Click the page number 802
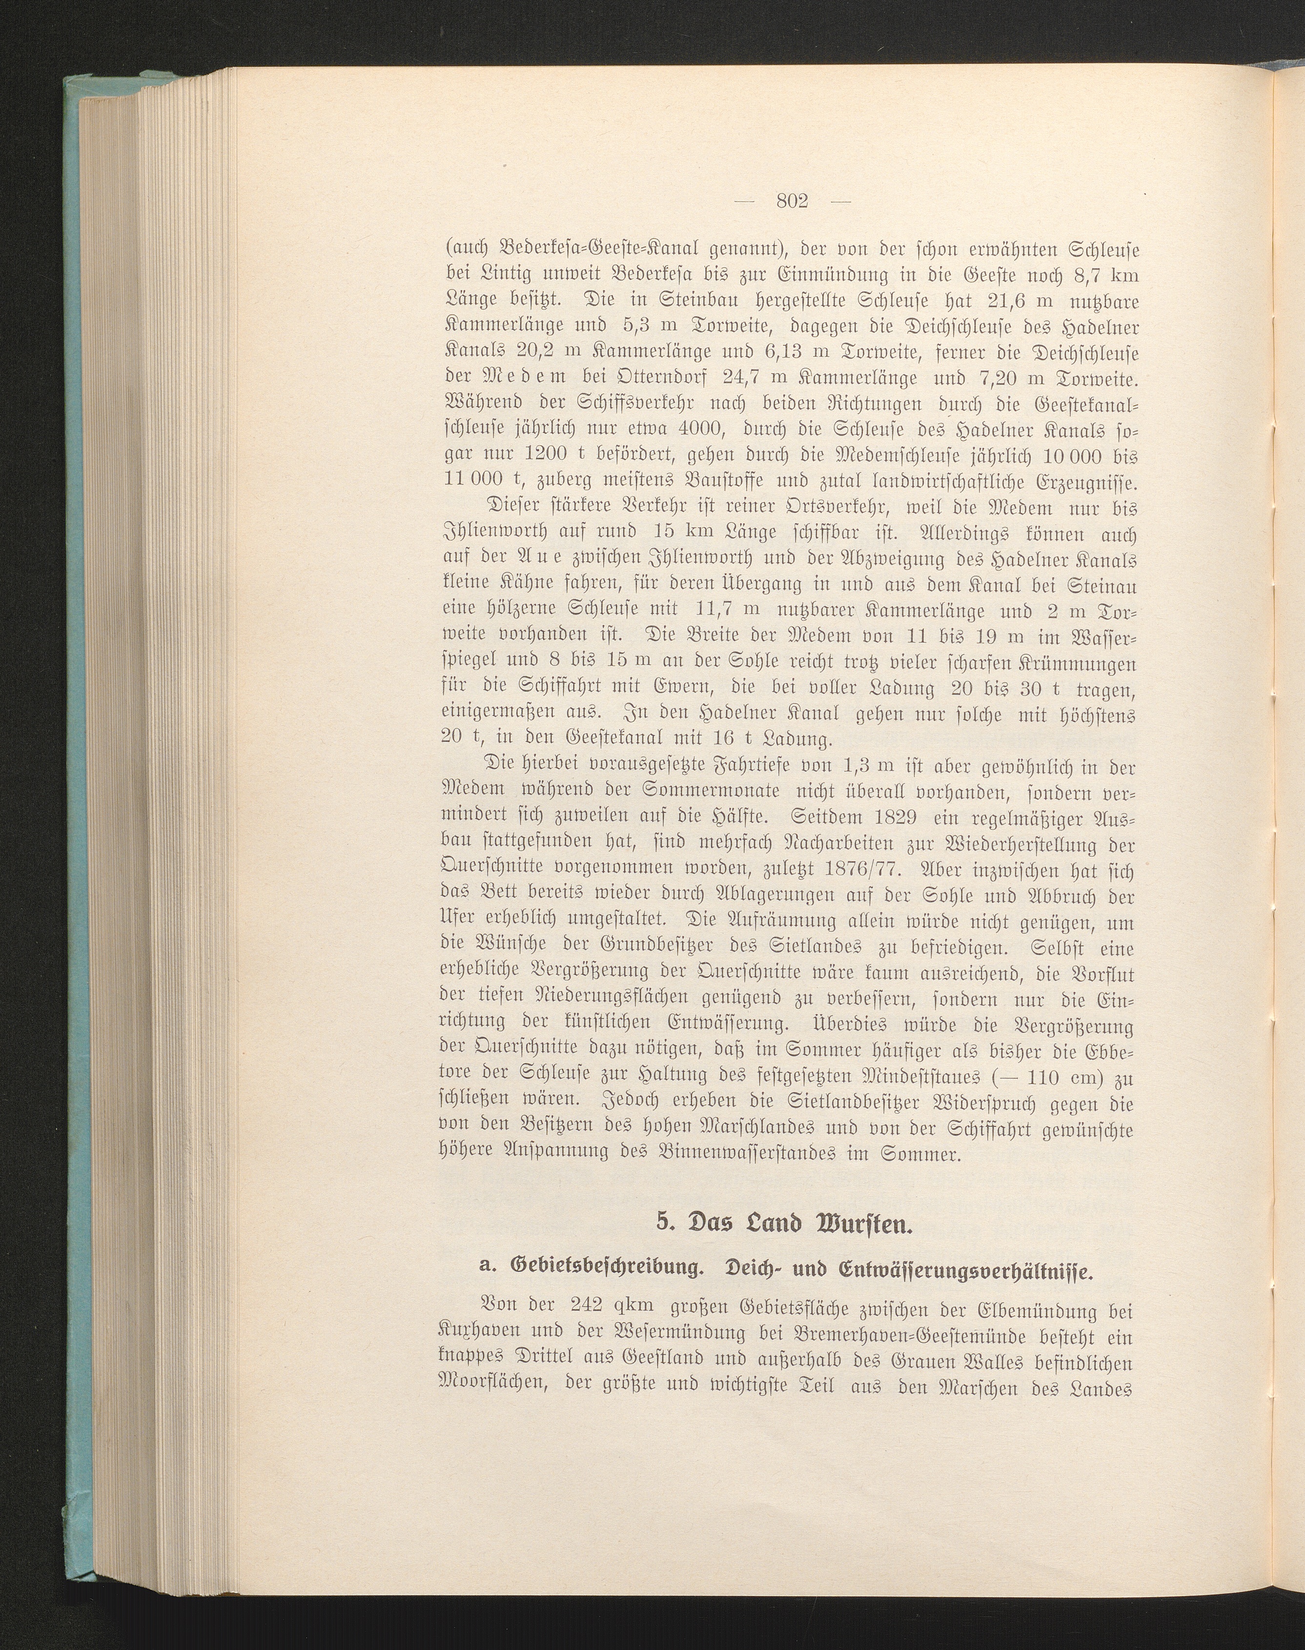(x=792, y=201)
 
